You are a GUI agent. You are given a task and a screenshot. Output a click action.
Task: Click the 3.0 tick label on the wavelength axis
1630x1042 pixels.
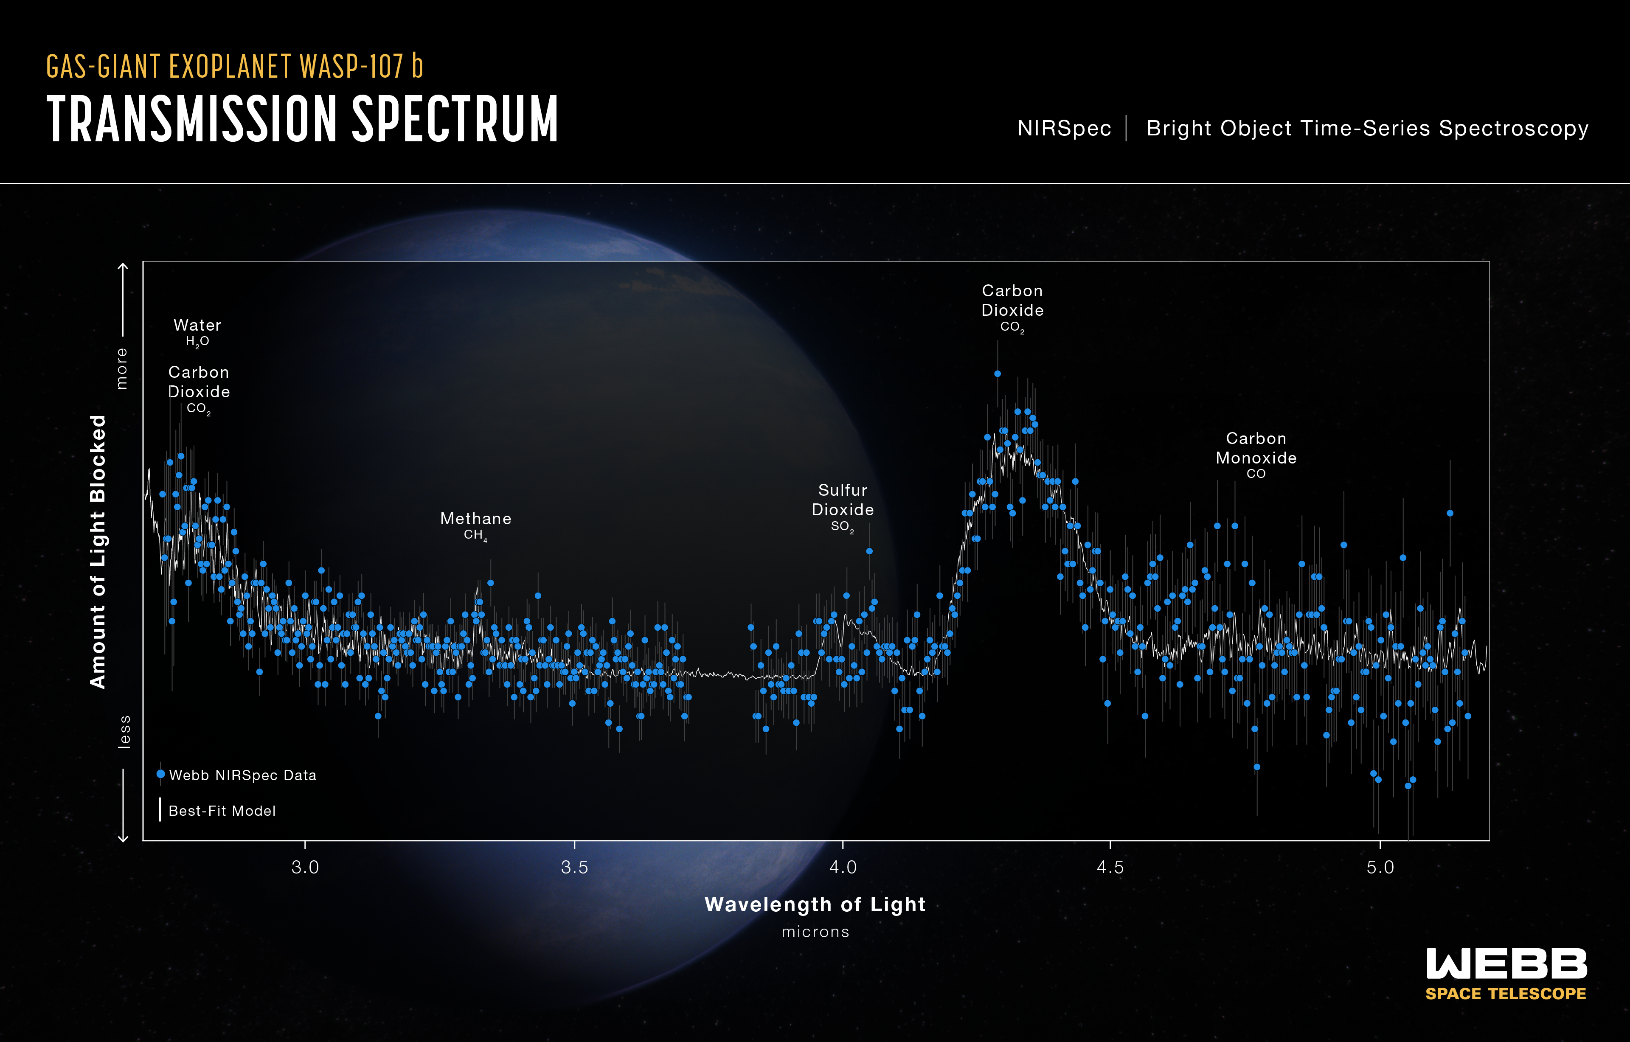(305, 867)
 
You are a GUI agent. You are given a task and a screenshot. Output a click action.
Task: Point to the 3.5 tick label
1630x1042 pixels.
(574, 867)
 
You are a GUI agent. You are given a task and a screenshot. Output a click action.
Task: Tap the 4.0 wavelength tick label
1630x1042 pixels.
(843, 867)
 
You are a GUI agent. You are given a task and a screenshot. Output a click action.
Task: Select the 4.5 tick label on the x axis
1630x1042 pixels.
(1110, 867)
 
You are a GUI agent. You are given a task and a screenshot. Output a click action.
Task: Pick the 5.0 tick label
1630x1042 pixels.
(1380, 867)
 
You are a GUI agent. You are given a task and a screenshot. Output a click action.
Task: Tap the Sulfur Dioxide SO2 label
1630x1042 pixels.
(842, 507)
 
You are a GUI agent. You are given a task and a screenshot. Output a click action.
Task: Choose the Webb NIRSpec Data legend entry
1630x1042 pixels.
(242, 775)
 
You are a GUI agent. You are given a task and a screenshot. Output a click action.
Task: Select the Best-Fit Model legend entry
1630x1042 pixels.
(221, 811)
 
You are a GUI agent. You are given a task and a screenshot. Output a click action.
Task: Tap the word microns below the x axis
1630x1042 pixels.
(815, 932)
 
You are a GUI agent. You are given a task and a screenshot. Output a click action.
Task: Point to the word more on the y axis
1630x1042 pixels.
(122, 368)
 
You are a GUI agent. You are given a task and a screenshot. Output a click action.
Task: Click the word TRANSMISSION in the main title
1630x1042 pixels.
(191, 119)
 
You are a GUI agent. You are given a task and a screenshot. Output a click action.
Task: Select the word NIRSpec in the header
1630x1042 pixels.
(1063, 129)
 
